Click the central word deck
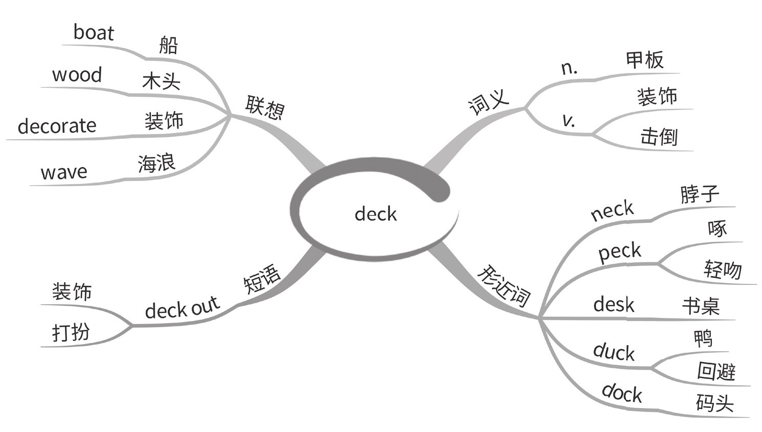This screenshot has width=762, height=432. click(x=376, y=214)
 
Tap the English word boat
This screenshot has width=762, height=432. click(x=94, y=33)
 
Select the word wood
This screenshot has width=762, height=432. click(x=77, y=75)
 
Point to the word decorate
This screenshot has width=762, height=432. click(x=57, y=126)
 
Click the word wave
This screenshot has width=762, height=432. click(x=64, y=172)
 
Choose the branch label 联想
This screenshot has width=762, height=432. click(x=265, y=107)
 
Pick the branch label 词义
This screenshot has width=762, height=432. click(x=489, y=101)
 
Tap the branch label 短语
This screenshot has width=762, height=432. click(x=261, y=279)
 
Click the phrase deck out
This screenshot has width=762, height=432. click(x=182, y=307)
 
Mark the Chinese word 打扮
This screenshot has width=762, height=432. click(x=71, y=332)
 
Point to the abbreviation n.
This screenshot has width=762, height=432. click(x=569, y=68)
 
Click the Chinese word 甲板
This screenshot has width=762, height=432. click(x=645, y=60)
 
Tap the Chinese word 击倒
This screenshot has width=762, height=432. click(x=659, y=137)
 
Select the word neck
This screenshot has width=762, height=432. click(x=612, y=210)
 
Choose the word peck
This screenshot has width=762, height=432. click(x=619, y=252)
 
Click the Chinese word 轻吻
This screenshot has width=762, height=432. click(x=723, y=269)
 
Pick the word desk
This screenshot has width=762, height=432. click(x=613, y=305)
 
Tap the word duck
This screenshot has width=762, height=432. click(x=614, y=352)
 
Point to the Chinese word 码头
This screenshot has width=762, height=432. click(x=714, y=403)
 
